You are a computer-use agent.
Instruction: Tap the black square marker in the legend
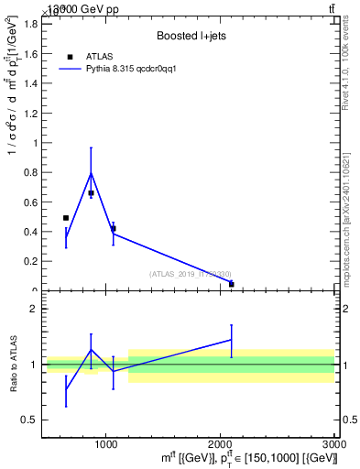click(x=70, y=57)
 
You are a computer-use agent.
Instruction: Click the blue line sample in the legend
click(x=70, y=69)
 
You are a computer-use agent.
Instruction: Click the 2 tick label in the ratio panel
click(x=33, y=309)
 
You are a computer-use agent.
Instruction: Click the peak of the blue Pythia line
click(x=91, y=172)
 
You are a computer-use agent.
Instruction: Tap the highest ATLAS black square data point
click(x=91, y=193)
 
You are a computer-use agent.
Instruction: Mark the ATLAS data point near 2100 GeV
click(x=231, y=284)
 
